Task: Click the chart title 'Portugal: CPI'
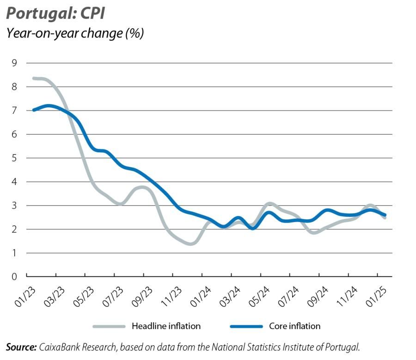coord(55,13)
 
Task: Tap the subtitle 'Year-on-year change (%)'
coord(74,33)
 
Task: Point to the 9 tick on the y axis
coord(14,63)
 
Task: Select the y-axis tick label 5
coord(14,158)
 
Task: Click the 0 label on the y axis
coord(14,277)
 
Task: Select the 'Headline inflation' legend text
coord(166,326)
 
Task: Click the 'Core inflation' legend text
coord(294,326)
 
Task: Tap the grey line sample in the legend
coord(109,326)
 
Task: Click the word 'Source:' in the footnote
coord(21,346)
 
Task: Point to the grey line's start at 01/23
coord(34,78)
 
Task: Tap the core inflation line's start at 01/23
coord(34,110)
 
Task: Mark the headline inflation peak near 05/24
coord(270,204)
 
